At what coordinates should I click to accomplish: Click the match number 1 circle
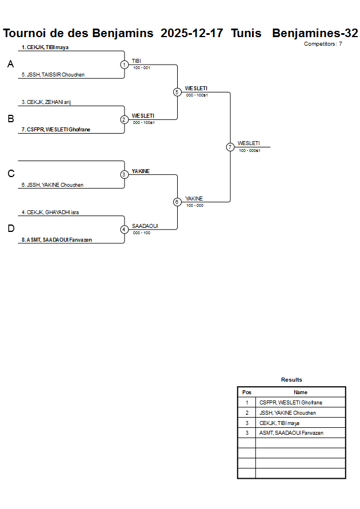[124, 65]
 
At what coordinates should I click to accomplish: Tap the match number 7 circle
[230, 147]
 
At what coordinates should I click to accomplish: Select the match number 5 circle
[177, 92]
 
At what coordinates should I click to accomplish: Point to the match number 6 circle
[177, 202]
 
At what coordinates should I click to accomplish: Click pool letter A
[10, 65]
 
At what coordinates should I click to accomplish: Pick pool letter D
[10, 229]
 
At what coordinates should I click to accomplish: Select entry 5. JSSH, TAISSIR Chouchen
[53, 75]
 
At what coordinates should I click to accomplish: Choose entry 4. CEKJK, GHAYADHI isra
[50, 212]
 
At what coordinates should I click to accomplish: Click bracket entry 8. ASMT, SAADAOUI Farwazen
[57, 240]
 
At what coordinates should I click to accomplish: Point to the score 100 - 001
[141, 68]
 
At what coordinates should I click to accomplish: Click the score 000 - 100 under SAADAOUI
[141, 233]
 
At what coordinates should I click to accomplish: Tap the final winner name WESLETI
[249, 143]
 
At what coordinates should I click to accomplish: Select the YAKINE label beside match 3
[141, 171]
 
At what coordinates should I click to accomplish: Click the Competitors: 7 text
[323, 43]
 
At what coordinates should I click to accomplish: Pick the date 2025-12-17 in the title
[192, 33]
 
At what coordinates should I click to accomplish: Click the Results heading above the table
[291, 380]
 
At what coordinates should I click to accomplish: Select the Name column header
[301, 392]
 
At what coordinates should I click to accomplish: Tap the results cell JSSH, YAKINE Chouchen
[287, 412]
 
